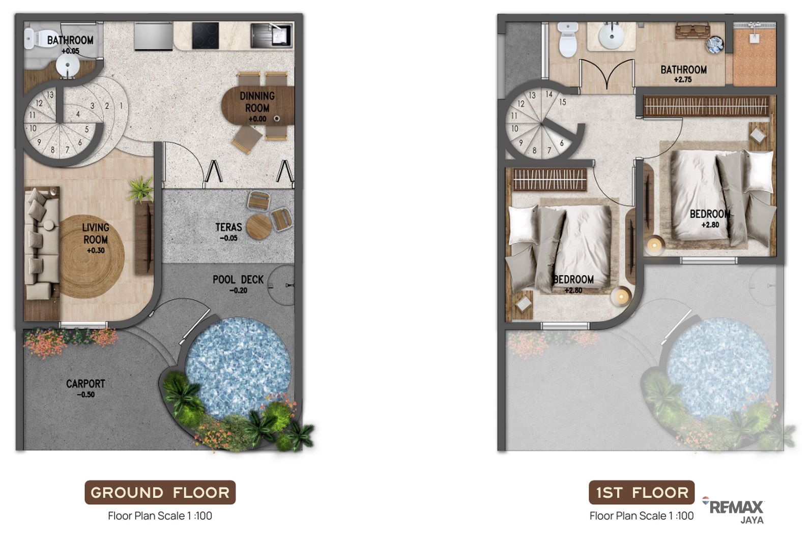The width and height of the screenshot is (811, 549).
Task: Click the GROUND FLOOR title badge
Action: point(160,492)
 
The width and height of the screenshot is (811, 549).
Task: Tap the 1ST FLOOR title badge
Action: point(642,492)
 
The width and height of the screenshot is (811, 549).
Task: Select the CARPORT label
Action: point(85,384)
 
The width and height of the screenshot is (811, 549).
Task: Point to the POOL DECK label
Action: point(238,280)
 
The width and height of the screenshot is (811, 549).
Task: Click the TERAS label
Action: point(229,227)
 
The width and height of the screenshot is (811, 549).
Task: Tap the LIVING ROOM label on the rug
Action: point(96,233)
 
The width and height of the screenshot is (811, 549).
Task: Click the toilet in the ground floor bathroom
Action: point(34,39)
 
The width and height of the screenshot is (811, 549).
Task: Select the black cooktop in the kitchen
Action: point(205,35)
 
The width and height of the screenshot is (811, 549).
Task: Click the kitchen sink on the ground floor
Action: point(271,36)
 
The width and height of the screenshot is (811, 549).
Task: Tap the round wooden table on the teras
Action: point(259,227)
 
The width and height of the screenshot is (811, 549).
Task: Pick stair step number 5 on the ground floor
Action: point(87,129)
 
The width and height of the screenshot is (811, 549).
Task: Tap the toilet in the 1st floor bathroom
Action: point(568,40)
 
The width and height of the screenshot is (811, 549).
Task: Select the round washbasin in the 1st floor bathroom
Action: point(612,37)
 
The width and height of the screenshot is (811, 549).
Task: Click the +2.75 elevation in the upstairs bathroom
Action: point(683,80)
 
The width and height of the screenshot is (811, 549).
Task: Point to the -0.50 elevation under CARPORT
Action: point(86,394)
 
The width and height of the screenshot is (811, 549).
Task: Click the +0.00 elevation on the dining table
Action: point(257,119)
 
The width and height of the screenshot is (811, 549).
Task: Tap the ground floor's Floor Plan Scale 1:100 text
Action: point(160,516)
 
